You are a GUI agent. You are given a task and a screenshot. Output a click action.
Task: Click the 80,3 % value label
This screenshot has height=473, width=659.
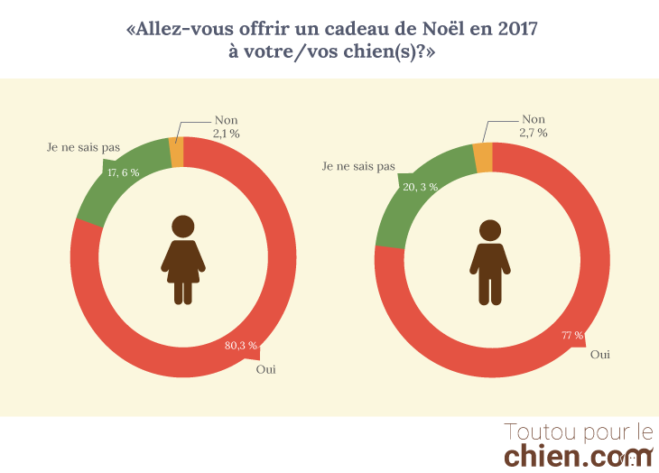240,346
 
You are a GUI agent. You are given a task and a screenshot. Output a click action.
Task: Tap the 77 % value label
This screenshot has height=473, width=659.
572,336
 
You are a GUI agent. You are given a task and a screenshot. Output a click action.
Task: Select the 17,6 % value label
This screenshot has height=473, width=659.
123,172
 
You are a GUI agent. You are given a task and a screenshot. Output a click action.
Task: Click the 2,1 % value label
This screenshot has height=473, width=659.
226,134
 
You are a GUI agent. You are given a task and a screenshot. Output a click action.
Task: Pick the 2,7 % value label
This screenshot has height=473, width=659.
533,133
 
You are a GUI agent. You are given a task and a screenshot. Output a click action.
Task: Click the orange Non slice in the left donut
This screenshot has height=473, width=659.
177,152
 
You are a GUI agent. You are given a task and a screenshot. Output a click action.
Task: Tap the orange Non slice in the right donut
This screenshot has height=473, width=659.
483,156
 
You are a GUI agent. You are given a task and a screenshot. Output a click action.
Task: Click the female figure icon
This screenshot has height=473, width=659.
183,260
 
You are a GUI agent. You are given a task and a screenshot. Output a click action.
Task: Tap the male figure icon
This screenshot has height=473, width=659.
490,263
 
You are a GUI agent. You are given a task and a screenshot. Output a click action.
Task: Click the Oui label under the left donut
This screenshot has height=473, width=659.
266,369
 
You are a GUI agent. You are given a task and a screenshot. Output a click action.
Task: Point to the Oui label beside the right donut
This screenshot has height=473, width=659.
599,355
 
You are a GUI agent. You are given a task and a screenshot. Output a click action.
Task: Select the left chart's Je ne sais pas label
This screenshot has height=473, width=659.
83,146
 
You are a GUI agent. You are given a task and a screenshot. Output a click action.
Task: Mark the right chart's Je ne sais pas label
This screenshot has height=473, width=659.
359,166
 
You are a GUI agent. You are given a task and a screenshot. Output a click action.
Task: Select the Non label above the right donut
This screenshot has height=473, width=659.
534,119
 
